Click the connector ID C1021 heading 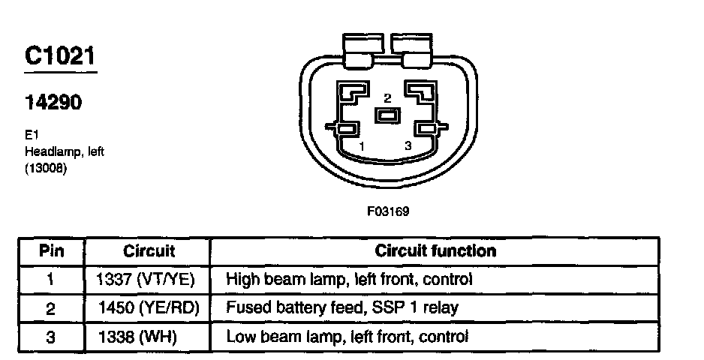(59, 58)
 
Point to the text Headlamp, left (64, 151)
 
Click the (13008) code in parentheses (46, 167)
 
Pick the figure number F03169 (388, 211)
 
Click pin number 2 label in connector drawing (387, 98)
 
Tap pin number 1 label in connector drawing (361, 146)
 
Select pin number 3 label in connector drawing (408, 146)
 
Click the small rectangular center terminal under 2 (388, 116)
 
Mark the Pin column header (50, 251)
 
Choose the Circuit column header (149, 251)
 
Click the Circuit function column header (435, 250)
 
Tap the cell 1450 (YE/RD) (147, 308)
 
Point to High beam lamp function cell (349, 280)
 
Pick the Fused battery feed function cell (342, 308)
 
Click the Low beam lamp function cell (347, 337)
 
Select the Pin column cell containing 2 (50, 308)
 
